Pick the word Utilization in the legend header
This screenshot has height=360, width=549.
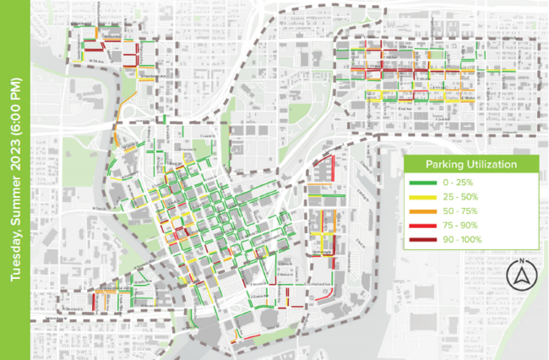coord(491,164)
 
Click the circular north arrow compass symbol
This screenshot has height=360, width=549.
coord(521,275)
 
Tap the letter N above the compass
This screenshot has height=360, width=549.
coord(521,260)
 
